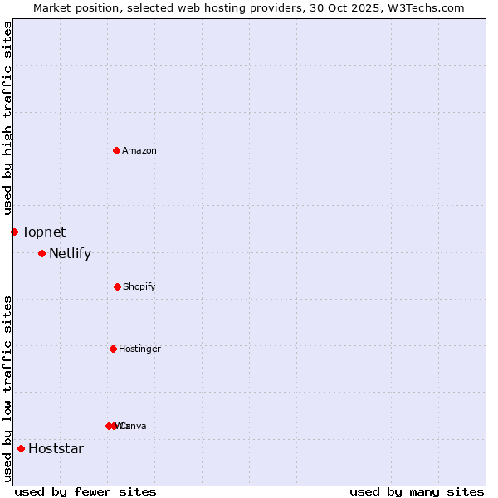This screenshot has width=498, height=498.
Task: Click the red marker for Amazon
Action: click(x=116, y=150)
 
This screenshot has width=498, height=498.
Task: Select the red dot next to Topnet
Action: click(x=14, y=232)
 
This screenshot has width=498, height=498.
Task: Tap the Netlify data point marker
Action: click(x=41, y=253)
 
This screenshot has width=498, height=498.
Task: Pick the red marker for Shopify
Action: click(x=117, y=286)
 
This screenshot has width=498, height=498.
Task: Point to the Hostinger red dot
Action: click(x=113, y=349)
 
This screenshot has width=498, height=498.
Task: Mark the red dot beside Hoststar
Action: click(x=21, y=448)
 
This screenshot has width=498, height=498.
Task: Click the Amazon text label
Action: click(x=139, y=150)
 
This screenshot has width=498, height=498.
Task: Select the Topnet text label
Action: click(x=43, y=232)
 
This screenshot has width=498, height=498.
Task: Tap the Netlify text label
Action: click(x=70, y=253)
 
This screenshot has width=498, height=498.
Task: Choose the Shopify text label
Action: click(x=139, y=286)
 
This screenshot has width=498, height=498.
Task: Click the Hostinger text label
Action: click(x=139, y=349)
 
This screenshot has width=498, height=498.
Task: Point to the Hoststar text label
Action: click(x=56, y=448)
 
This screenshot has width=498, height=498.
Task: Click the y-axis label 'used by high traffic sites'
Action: click(x=7, y=118)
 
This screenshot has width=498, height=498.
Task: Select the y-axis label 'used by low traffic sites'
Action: click(x=7, y=388)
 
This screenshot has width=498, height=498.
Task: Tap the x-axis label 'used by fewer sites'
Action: click(x=85, y=491)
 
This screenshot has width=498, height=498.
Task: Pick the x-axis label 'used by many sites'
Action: click(x=417, y=491)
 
